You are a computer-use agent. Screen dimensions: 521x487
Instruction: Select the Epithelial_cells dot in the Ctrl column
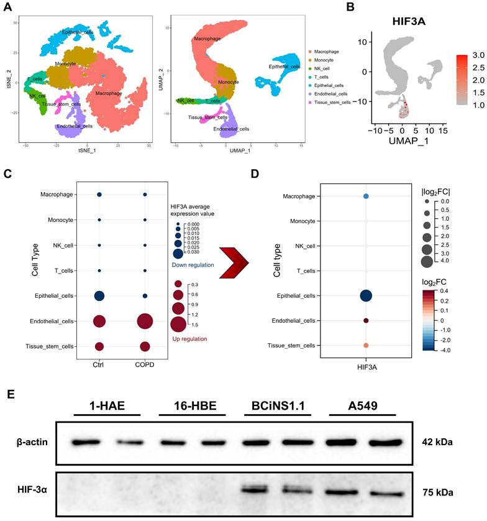coord(99,296)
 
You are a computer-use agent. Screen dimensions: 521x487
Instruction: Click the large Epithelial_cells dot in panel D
coord(366,297)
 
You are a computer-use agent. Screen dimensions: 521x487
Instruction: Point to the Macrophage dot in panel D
coord(366,196)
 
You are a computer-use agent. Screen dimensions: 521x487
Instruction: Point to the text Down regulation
coord(192,265)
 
